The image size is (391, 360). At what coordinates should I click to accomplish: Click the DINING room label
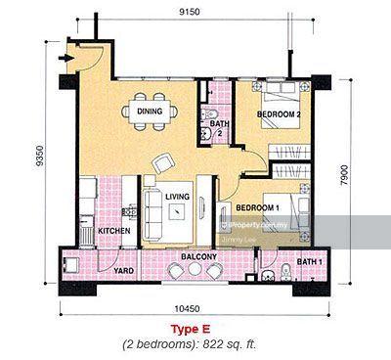(150, 112)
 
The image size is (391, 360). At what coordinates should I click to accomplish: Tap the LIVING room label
(177, 197)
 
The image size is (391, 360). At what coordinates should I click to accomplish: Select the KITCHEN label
(114, 231)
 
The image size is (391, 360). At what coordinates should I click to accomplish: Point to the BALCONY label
(198, 256)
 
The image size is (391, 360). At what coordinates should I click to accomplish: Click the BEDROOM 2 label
(279, 114)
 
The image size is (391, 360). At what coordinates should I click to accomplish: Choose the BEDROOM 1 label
(257, 207)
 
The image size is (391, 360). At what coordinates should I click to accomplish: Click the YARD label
(123, 271)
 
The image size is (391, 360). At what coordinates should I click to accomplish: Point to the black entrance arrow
(65, 58)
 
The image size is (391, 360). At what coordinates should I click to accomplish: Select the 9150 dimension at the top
(190, 12)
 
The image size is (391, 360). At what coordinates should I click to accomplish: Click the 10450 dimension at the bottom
(187, 308)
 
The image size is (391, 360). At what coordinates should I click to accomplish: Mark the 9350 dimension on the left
(39, 156)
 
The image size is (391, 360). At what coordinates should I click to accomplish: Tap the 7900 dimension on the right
(344, 175)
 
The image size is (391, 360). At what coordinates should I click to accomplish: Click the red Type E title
(191, 329)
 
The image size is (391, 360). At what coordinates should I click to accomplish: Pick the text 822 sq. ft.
(230, 344)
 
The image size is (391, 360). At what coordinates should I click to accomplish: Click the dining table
(150, 112)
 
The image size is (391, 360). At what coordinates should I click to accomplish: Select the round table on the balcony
(195, 270)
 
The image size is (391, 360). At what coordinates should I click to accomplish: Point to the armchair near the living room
(163, 163)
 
